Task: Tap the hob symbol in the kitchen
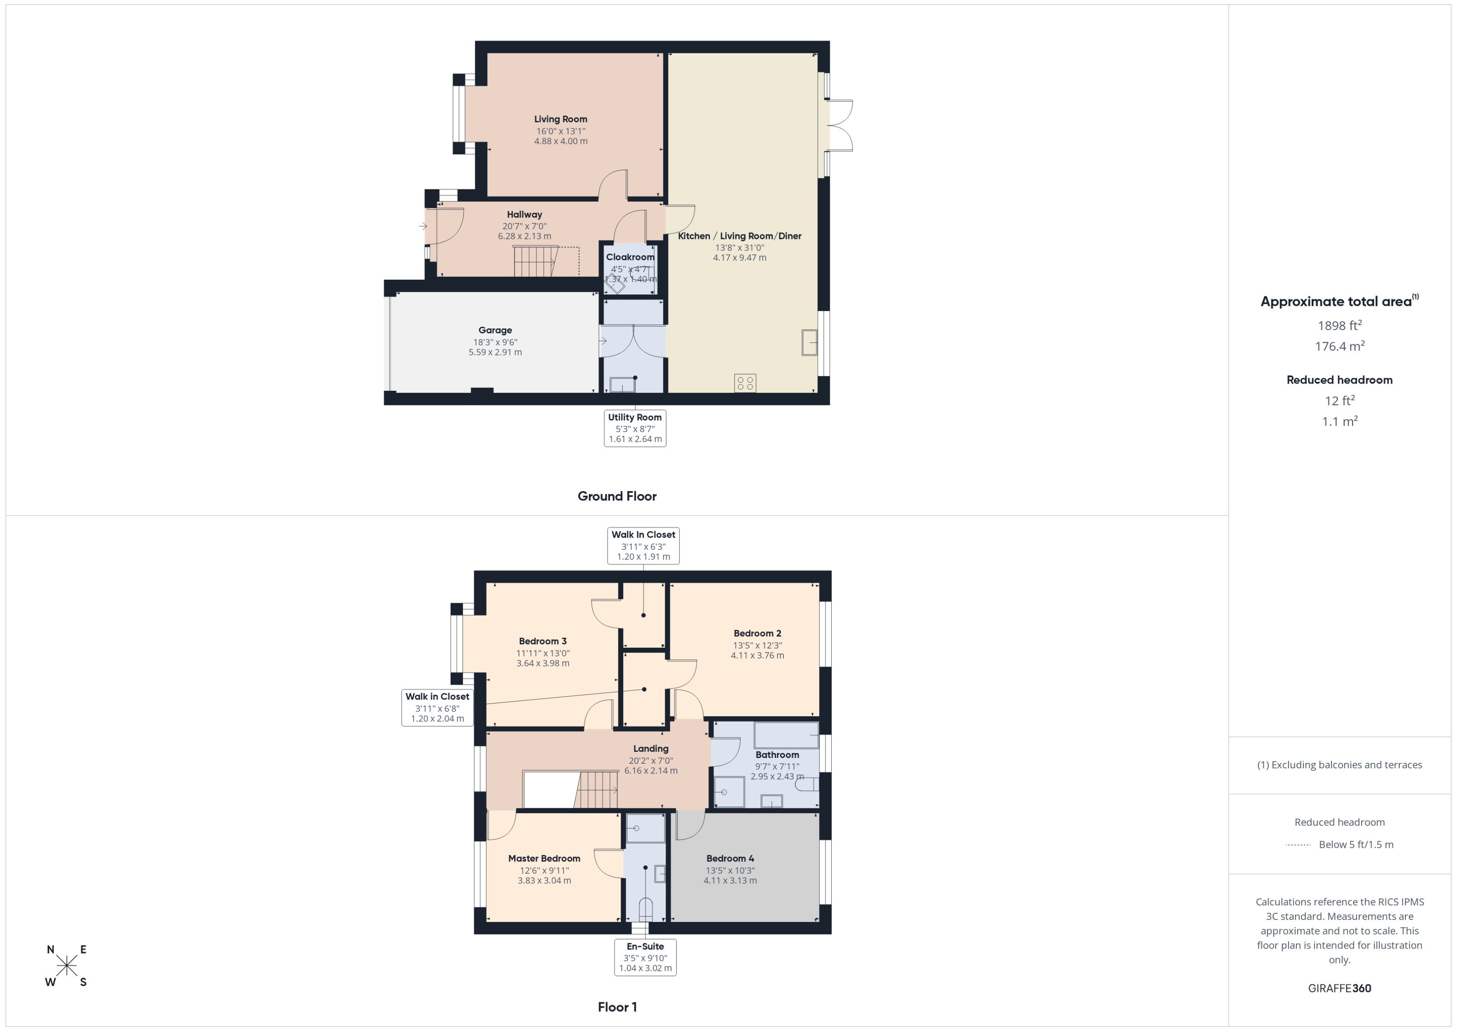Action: (745, 383)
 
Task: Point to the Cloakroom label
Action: (630, 257)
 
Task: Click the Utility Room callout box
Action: (635, 428)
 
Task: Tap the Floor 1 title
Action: (617, 1007)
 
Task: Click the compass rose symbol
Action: (67, 966)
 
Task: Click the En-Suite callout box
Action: (645, 957)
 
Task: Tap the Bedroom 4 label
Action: (730, 858)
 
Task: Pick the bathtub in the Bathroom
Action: (786, 735)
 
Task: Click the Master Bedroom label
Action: (544, 858)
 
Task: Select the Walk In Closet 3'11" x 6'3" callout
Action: (643, 545)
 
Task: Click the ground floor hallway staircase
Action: (535, 261)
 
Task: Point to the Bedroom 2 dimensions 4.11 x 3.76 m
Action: (757, 655)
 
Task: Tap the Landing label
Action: (651, 748)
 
